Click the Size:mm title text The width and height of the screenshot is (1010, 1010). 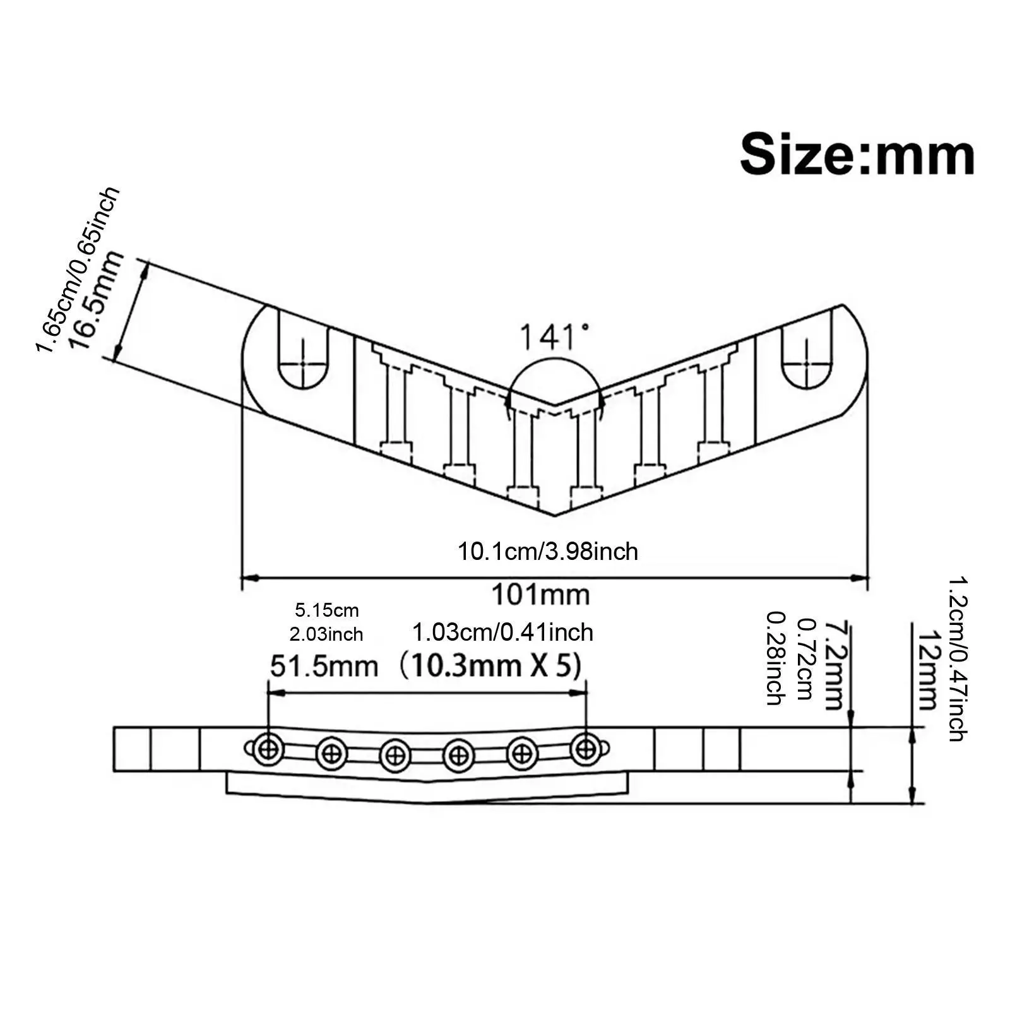(857, 155)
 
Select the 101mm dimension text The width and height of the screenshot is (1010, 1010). (540, 595)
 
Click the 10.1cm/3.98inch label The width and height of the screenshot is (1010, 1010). (548, 552)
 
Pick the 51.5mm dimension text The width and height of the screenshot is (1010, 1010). (324, 667)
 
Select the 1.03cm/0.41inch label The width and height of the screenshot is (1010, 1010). (502, 633)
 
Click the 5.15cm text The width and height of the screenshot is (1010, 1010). (327, 610)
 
